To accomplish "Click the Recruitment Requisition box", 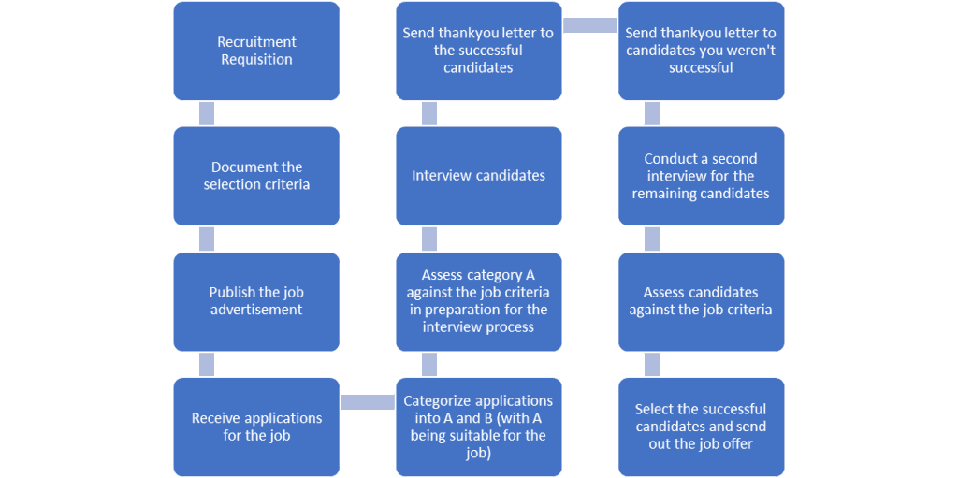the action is click(256, 51).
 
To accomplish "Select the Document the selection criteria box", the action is click(256, 176).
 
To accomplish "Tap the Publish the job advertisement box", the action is click(256, 301).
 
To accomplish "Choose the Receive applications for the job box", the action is click(256, 427).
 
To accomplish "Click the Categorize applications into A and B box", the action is click(478, 427).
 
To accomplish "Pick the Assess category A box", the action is click(478, 301).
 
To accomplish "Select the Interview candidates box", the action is click(478, 176).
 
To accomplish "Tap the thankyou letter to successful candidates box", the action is click(478, 51).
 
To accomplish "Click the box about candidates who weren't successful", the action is click(701, 51).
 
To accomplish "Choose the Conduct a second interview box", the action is click(701, 176).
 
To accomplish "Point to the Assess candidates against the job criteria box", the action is click(701, 301).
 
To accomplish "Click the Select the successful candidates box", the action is click(701, 427).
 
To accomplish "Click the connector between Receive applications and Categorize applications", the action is click(367, 402).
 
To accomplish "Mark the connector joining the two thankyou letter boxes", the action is click(589, 25).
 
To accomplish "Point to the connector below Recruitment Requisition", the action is click(207, 113).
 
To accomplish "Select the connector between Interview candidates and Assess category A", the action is click(429, 239).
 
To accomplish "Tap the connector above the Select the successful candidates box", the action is click(652, 364).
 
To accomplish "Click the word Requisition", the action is click(256, 60).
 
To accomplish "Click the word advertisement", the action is click(256, 310).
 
